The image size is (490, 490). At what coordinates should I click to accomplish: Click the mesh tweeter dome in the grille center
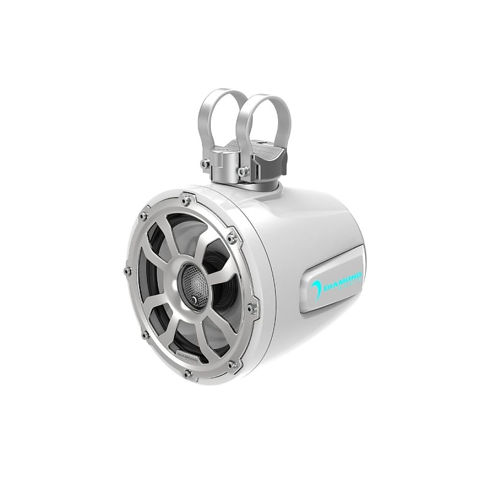(x=195, y=285)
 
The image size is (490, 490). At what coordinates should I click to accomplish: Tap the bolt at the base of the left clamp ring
(x=205, y=164)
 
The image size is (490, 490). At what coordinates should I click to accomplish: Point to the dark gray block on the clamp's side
(x=276, y=163)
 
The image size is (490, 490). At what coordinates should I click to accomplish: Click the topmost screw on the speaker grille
(x=186, y=200)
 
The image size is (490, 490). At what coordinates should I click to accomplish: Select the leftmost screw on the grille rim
(x=127, y=271)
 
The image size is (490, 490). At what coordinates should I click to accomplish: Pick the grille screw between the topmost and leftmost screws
(x=144, y=216)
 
